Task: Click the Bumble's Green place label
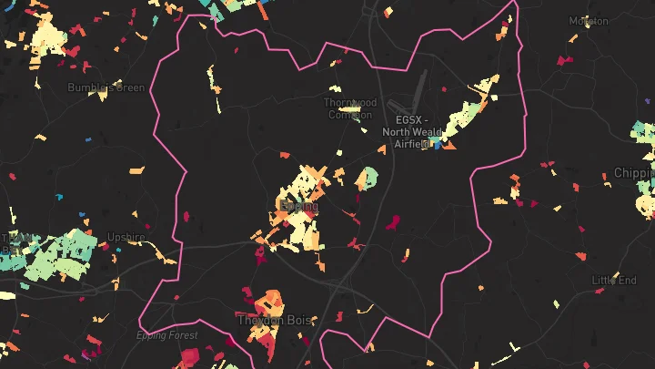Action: click(106, 87)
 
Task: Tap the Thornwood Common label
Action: click(349, 108)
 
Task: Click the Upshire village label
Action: click(126, 237)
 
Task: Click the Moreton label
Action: click(589, 20)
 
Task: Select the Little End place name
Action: click(614, 280)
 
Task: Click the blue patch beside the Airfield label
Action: click(438, 144)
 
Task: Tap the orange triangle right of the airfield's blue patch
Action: click(450, 143)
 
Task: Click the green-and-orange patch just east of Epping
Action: click(367, 179)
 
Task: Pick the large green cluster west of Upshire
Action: click(59, 253)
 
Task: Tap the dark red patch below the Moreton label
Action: click(565, 61)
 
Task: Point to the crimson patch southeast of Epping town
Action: click(394, 220)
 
